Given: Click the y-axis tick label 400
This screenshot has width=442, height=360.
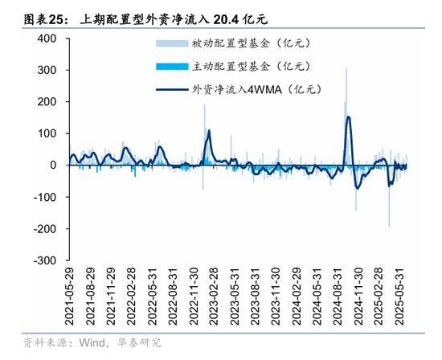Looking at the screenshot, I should [46, 39].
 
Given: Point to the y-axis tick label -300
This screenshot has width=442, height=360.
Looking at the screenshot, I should [43, 260].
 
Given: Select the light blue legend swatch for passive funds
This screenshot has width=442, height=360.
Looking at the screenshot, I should [170, 44].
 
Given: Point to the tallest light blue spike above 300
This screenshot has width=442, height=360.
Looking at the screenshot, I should [346, 69].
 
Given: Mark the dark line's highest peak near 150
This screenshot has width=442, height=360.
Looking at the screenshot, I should [348, 117].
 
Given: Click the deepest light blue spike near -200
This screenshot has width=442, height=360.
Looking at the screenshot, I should [390, 226].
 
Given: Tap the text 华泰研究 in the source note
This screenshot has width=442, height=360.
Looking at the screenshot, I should [139, 343].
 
